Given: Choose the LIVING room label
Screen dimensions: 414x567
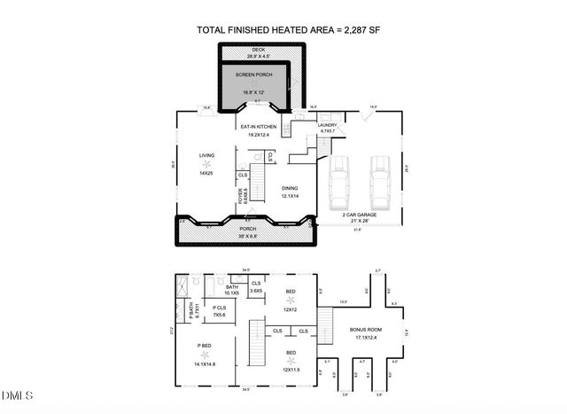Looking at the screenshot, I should click(206, 157).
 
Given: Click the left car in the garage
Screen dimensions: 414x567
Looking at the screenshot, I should click(338, 180).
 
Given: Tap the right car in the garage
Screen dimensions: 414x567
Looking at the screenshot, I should click(379, 180).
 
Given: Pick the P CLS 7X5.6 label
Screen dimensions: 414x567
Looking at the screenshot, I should click(218, 312).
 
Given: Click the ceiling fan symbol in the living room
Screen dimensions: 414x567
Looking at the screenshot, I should click(206, 165).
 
